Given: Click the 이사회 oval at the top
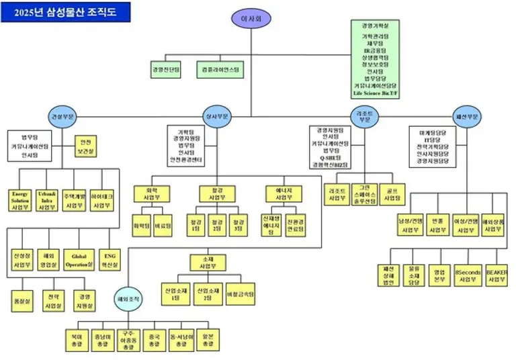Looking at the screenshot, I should (x=249, y=19).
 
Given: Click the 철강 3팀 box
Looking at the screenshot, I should (x=237, y=224).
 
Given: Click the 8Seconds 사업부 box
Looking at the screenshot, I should (x=468, y=275).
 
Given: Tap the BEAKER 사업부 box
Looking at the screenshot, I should (x=497, y=275).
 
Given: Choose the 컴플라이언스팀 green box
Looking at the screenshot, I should (x=220, y=69).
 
